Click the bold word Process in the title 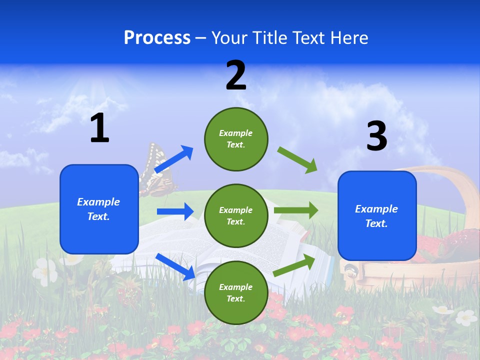tap(157, 38)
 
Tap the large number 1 tap(99, 128)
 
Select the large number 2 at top tap(236, 75)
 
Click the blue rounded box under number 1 tap(99, 209)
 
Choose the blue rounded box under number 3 tap(377, 216)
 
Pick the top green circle tap(236, 139)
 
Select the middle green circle tap(236, 215)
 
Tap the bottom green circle tap(236, 292)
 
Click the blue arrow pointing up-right tap(174, 159)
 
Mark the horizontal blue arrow tap(175, 211)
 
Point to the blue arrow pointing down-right tap(175, 266)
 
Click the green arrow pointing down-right tap(297, 160)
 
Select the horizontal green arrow tap(296, 210)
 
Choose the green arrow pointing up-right tap(294, 265)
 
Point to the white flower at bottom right tap(466, 317)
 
